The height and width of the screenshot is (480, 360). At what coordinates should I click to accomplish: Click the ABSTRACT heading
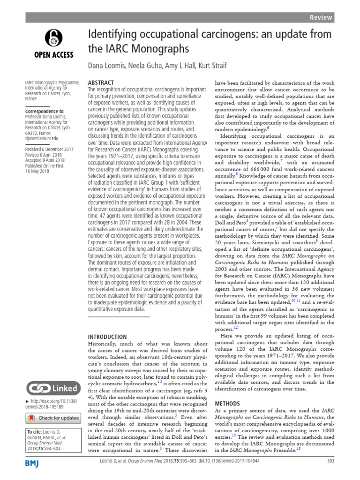coord(101,82)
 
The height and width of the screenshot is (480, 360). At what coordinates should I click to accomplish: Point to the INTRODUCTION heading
coord(107,337)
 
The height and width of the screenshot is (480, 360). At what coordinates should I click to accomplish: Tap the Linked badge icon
coord(52,388)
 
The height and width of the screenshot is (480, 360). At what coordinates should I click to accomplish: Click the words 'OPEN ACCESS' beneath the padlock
coord(53,54)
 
